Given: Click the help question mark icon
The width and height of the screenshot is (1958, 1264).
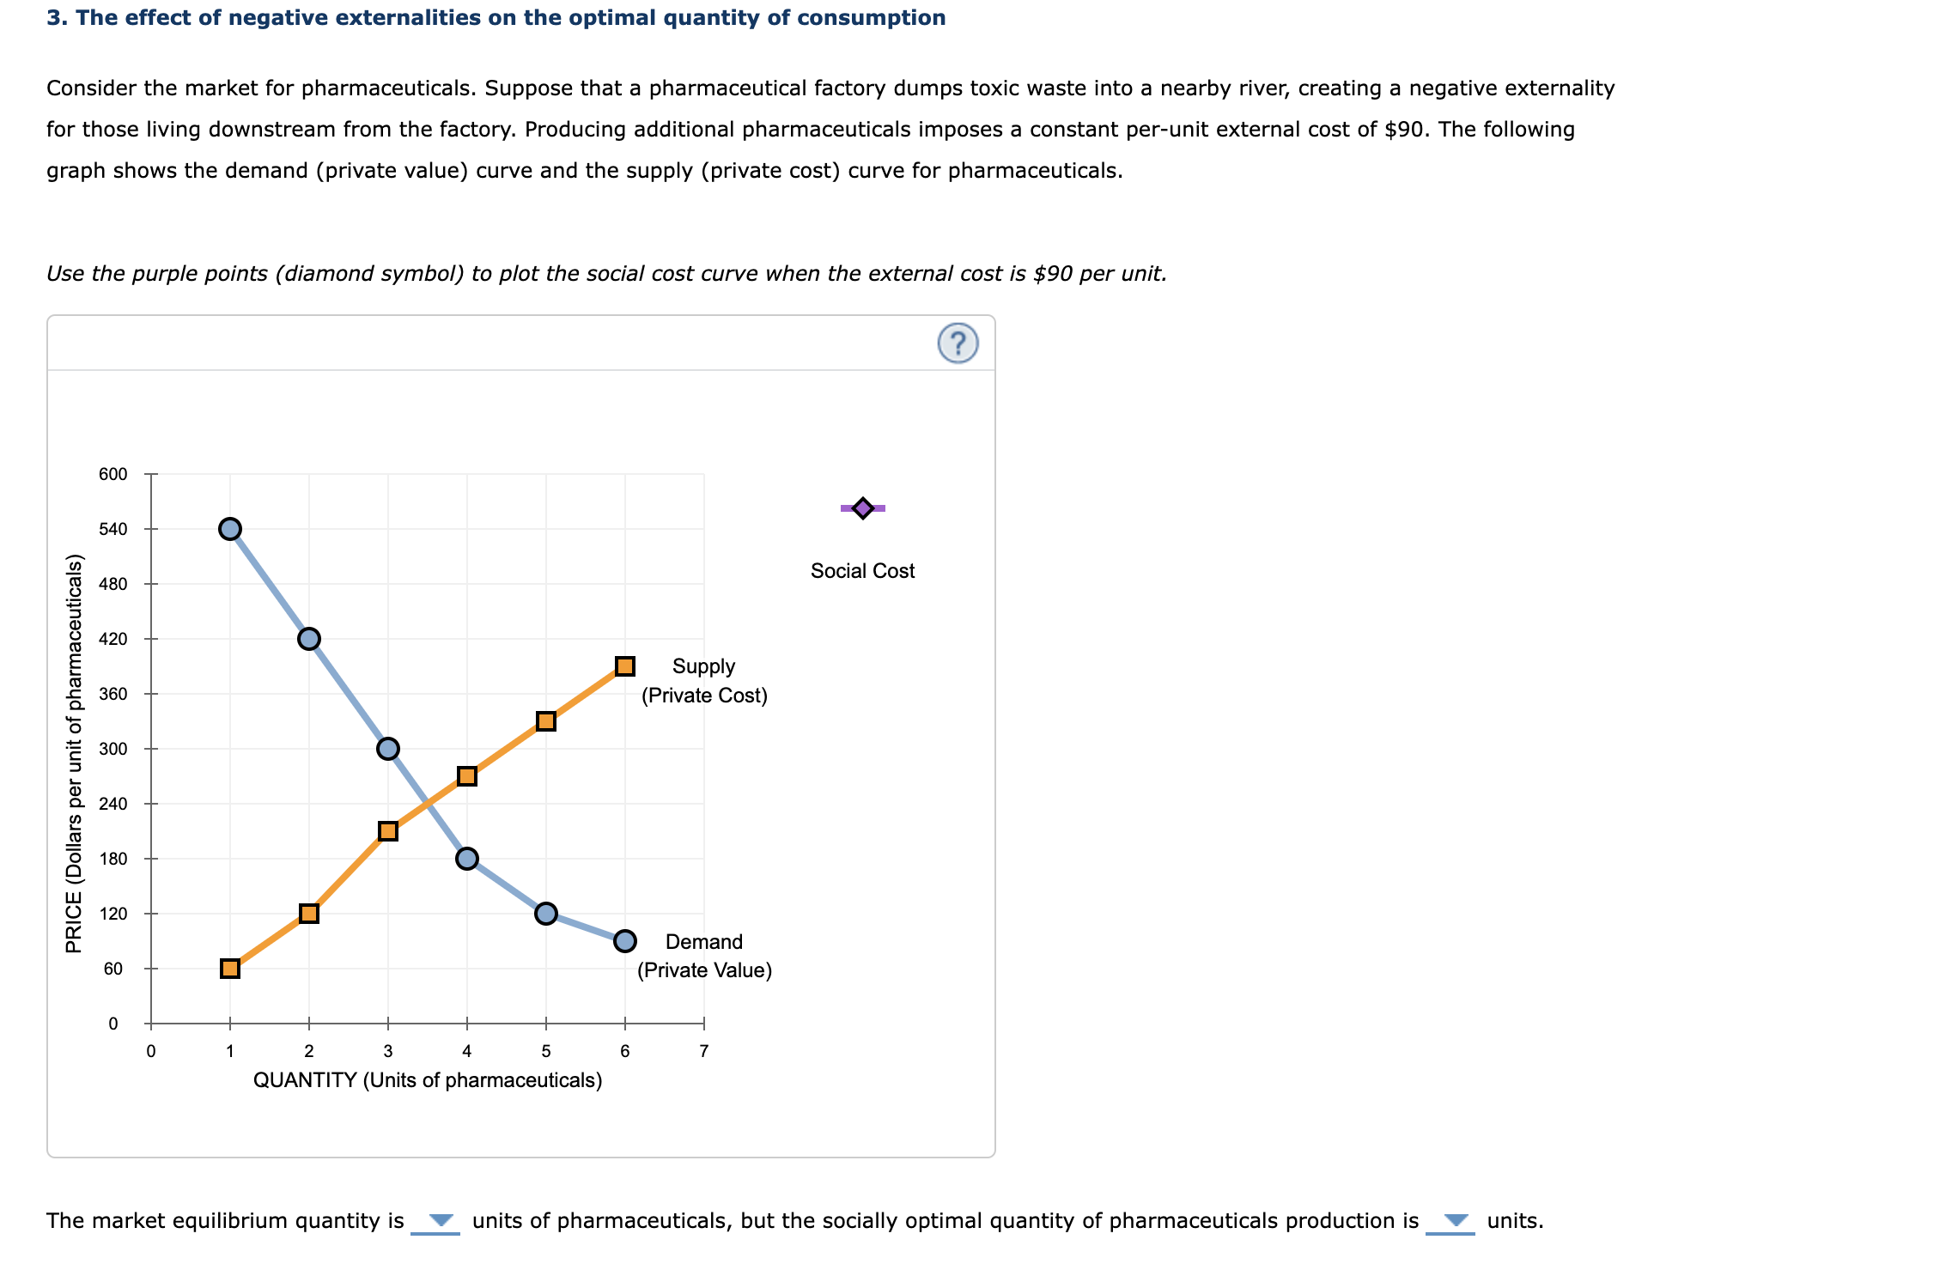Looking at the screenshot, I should click(x=958, y=343).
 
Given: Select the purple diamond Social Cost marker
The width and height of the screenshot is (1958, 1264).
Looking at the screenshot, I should click(x=863, y=508).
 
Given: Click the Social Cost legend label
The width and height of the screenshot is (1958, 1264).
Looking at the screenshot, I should click(x=862, y=571).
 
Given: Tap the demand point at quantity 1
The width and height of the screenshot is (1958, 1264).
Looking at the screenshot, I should click(x=230, y=529).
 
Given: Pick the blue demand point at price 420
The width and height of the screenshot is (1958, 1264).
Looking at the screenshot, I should click(x=309, y=639).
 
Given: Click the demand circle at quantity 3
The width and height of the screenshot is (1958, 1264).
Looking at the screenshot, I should click(x=388, y=749).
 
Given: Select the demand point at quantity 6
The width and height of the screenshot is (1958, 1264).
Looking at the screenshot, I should click(x=625, y=941).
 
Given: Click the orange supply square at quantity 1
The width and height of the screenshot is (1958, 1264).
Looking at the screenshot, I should click(x=230, y=969).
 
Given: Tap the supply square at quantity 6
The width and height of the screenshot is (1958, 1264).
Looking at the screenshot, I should click(x=625, y=666).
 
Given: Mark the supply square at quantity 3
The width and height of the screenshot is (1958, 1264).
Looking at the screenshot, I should click(x=388, y=831).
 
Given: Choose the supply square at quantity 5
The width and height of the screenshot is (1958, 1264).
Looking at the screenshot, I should click(x=546, y=721).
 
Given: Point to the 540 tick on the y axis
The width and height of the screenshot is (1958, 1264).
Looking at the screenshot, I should click(x=113, y=529).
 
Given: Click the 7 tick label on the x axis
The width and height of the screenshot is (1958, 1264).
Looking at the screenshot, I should click(x=704, y=1051).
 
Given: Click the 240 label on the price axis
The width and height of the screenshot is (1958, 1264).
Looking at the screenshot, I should click(x=113, y=804).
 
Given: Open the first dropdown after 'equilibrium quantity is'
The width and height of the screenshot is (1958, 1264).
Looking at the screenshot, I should click(x=436, y=1221).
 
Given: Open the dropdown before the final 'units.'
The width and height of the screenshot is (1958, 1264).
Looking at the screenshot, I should click(x=1450, y=1221).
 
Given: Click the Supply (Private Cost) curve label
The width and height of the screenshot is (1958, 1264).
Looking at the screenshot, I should click(x=704, y=681).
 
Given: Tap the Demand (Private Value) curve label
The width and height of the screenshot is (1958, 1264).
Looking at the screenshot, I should click(x=704, y=956).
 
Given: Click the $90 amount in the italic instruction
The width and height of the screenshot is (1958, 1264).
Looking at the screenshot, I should click(x=1053, y=274).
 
